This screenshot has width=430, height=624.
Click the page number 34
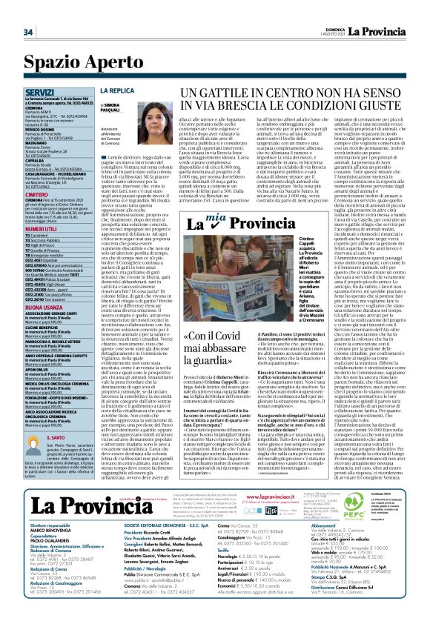pos(28,32)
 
